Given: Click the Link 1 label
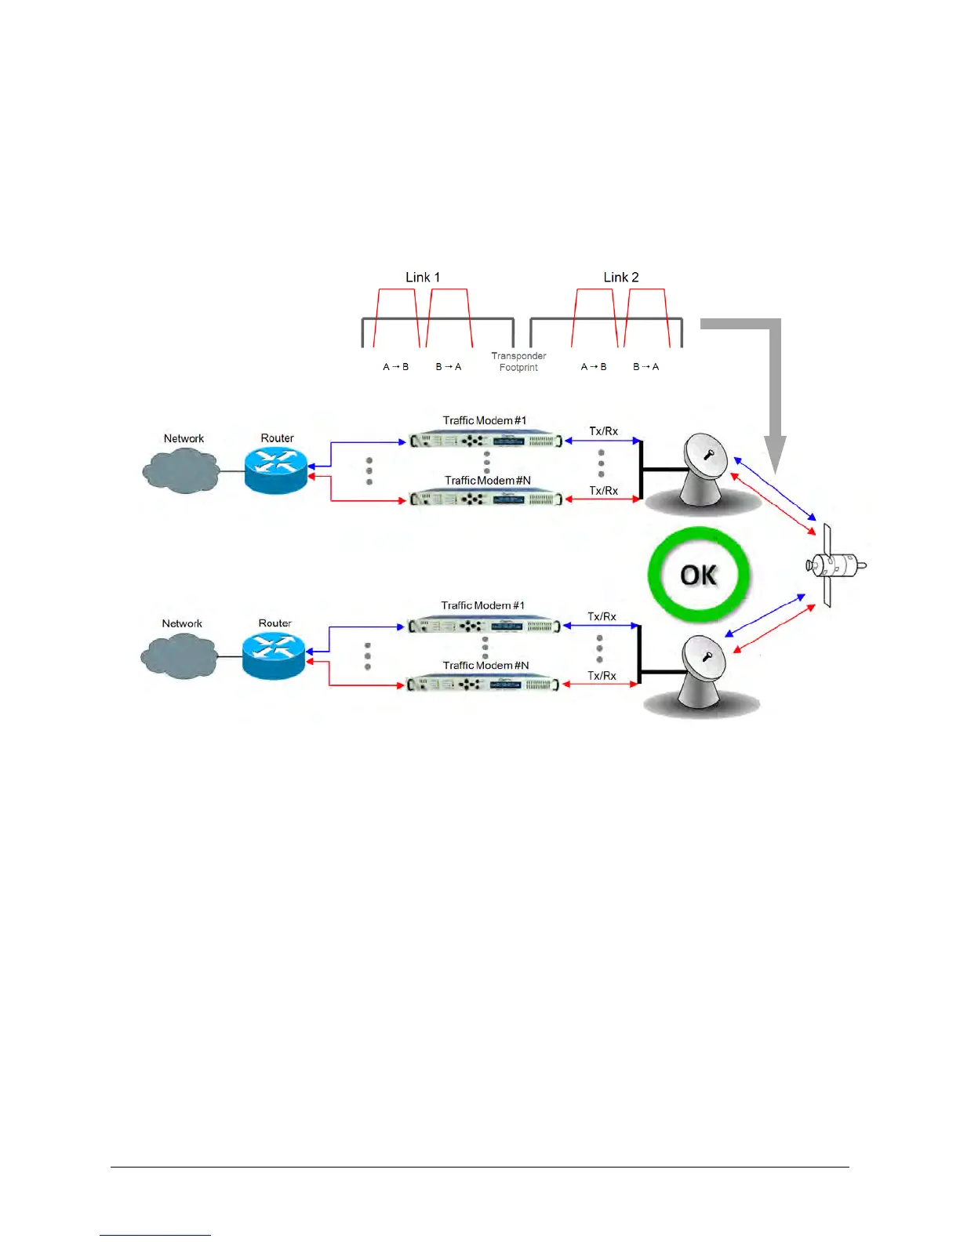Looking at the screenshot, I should [423, 278].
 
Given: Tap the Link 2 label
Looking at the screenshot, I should [620, 278].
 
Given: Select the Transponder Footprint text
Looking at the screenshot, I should [518, 361].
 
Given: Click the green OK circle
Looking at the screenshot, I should [698, 575].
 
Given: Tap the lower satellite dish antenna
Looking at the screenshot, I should [703, 671].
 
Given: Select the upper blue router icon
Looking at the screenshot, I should [276, 470].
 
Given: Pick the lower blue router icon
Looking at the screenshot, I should [274, 655].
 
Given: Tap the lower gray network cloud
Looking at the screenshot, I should [180, 655].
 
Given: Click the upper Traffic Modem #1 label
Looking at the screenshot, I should [484, 421].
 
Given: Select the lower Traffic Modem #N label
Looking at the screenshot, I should [485, 666].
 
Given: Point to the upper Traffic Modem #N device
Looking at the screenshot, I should [485, 499].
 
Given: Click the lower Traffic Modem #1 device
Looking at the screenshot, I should [483, 626].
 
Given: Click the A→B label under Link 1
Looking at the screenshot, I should [395, 367].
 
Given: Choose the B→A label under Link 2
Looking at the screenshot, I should [645, 367].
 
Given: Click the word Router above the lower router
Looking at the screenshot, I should [275, 623].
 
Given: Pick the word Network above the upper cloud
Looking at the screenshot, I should [184, 439].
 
